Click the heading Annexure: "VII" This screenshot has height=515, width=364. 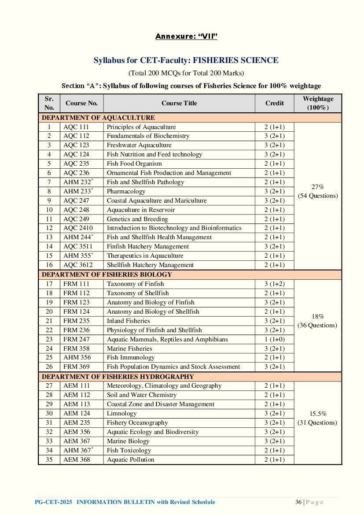pos(186,36)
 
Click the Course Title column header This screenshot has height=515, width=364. pos(179,103)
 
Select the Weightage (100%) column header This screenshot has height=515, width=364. pos(318,103)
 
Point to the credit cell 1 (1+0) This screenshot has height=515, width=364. pos(274,339)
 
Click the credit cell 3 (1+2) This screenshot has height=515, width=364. pos(274,284)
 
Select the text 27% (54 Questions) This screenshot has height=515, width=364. pos(318,191)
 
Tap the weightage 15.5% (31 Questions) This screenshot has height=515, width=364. pos(318,418)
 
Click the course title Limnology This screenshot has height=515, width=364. pos(121,413)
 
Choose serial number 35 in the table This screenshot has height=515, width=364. pos(49,459)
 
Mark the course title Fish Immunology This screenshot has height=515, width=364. pos(130,357)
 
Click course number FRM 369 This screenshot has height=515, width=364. pos(76,367)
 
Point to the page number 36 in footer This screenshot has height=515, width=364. pos(298,502)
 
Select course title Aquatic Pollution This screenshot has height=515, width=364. pos(130,459)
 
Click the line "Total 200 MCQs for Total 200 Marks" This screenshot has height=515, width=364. pos(186,73)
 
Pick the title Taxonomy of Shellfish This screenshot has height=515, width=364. pos(137,293)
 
